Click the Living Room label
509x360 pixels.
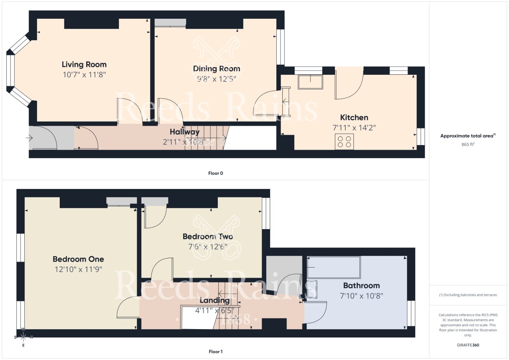(x=84, y=65)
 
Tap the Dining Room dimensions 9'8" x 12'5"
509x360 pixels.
(x=216, y=79)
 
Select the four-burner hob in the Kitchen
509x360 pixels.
(x=344, y=142)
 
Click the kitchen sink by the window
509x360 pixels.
(x=310, y=82)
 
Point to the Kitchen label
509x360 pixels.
(x=354, y=117)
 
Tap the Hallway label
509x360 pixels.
(x=185, y=132)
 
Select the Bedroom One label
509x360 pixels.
(x=78, y=259)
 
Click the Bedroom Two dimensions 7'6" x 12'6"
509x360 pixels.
(x=208, y=247)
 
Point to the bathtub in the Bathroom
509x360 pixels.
(x=334, y=267)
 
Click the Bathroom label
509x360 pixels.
(x=361, y=285)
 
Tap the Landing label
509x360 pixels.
(x=214, y=300)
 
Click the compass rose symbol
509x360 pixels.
(x=23, y=337)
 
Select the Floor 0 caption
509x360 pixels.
(x=215, y=173)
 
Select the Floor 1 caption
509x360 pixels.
(x=215, y=351)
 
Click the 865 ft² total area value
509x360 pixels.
(x=468, y=144)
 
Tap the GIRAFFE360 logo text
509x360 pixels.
(x=468, y=345)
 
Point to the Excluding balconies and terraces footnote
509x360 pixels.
(x=468, y=295)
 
